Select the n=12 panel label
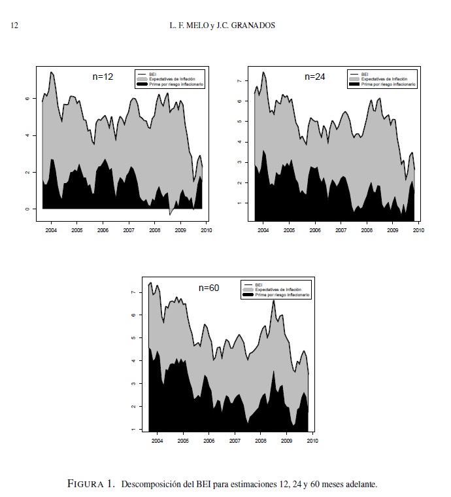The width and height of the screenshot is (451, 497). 103,77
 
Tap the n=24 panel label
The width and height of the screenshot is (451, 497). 315,77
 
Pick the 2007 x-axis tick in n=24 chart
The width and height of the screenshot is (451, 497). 341,231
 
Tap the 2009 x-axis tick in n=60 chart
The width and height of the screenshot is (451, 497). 286,441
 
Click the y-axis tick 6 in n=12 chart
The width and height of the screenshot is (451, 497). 27,99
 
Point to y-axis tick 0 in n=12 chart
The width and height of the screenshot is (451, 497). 27,209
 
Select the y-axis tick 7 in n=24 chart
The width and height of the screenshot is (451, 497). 239,80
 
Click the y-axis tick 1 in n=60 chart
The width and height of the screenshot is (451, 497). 133,429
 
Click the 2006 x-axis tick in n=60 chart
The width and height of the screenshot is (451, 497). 209,441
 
